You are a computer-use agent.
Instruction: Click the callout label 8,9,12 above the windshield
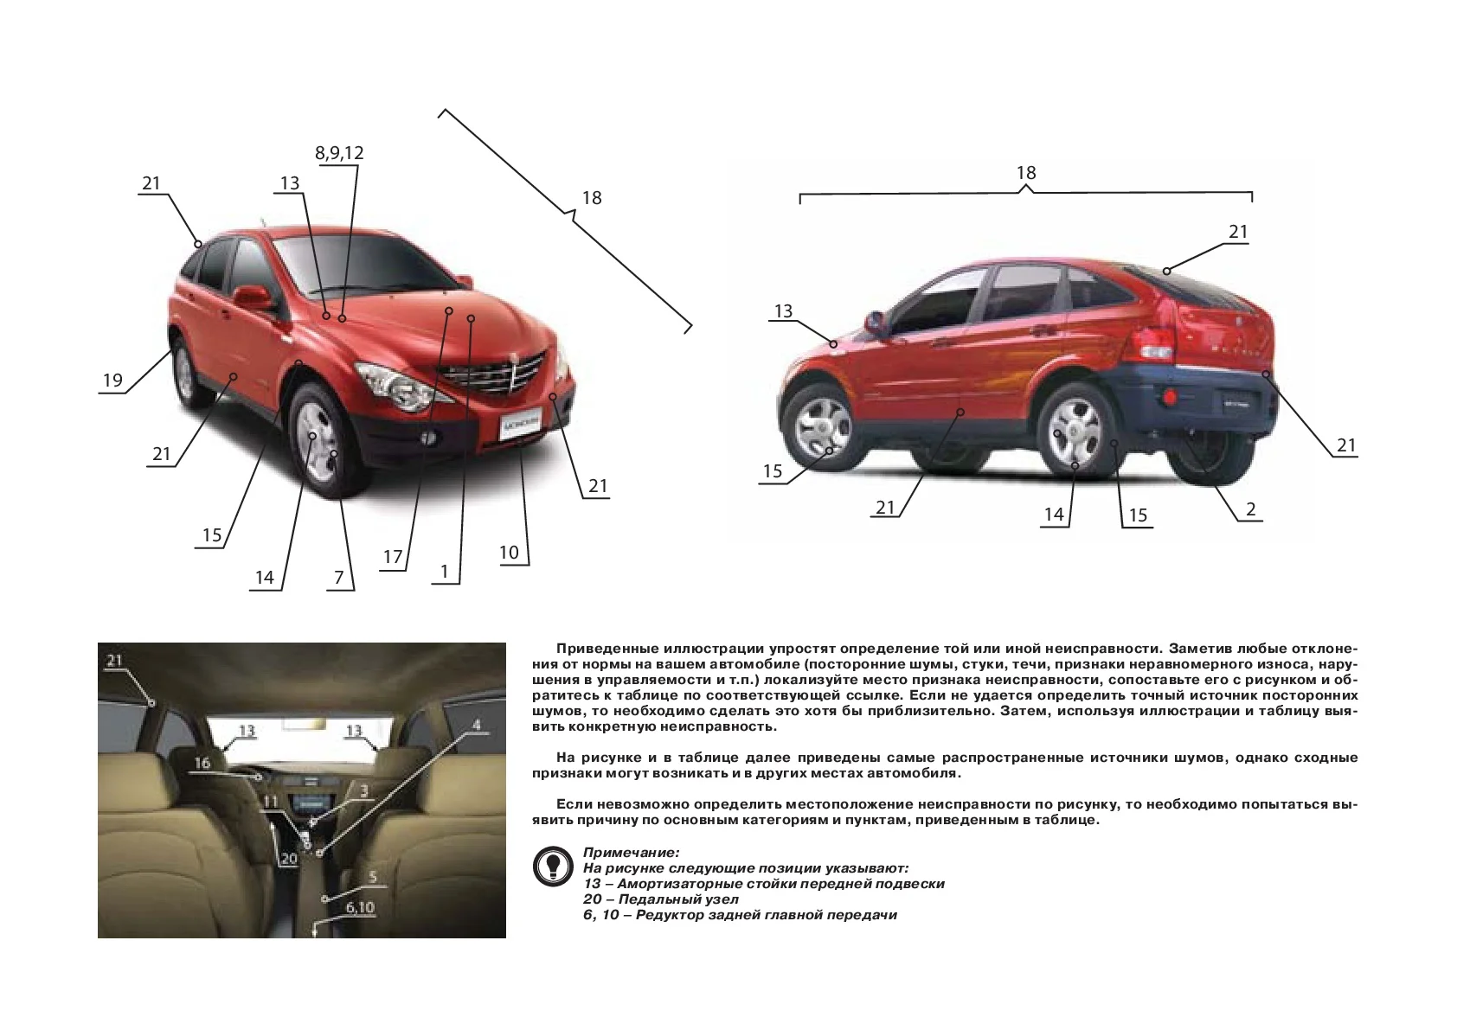tap(339, 153)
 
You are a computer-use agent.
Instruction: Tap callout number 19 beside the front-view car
tap(112, 381)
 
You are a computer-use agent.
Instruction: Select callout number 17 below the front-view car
tap(393, 557)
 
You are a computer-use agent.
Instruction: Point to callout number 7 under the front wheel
tap(339, 578)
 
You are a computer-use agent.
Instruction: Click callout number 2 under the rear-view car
tap(1250, 509)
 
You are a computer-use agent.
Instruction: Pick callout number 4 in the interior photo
tap(476, 725)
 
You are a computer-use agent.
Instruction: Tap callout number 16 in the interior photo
tap(202, 763)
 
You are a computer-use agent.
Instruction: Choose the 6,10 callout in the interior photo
tap(360, 907)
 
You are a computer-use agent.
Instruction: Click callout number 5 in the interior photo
tap(373, 878)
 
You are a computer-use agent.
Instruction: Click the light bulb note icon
tap(553, 867)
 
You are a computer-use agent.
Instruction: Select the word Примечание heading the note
tap(631, 853)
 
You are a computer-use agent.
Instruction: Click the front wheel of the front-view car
tap(318, 438)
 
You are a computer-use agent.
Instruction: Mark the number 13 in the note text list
tap(592, 884)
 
